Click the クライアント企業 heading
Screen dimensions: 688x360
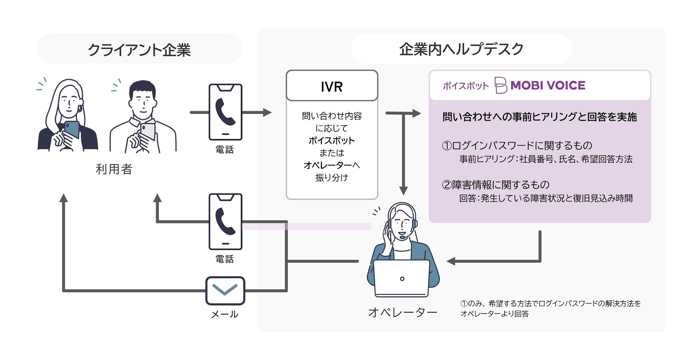[x=139, y=50]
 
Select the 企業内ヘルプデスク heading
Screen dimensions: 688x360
[x=461, y=49]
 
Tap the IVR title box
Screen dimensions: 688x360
[x=332, y=86]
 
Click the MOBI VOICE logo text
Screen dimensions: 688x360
[x=548, y=86]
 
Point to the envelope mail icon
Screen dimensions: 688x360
[x=225, y=291]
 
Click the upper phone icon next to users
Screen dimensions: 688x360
[x=225, y=112]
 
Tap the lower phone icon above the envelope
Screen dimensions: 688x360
[x=225, y=222]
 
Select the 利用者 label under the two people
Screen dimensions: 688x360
[x=114, y=169]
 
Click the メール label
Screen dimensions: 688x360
[x=225, y=314]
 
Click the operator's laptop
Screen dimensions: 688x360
[x=402, y=278]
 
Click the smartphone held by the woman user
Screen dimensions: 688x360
[x=72, y=129]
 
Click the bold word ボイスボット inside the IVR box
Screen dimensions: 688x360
[x=332, y=141]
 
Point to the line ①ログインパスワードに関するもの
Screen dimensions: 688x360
[x=517, y=145]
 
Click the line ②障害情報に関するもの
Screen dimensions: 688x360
[x=495, y=185]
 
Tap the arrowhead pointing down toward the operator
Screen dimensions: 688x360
[x=403, y=191]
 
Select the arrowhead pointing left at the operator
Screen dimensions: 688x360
[x=451, y=261]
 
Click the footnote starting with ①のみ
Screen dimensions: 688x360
[x=550, y=309]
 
